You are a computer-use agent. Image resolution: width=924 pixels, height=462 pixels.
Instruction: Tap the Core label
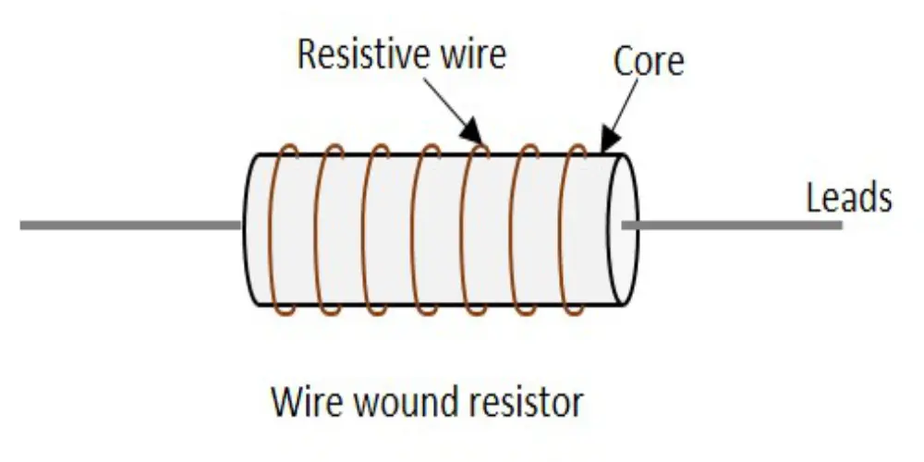(x=649, y=61)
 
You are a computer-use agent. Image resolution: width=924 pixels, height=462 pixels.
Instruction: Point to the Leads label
(x=848, y=198)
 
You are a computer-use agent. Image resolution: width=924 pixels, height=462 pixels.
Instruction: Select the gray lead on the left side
(x=129, y=225)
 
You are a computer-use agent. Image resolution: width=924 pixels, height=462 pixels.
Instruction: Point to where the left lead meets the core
(x=243, y=225)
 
